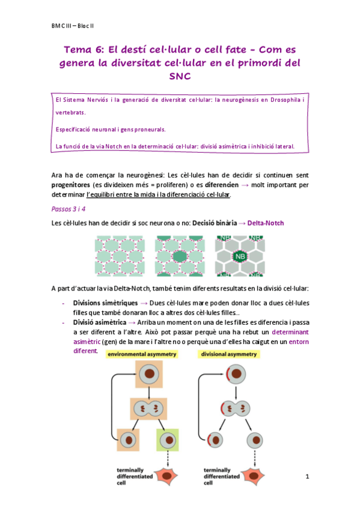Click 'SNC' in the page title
click(x=180, y=76)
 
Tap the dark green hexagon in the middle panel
click(x=180, y=256)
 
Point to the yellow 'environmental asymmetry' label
click(x=142, y=355)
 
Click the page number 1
click(x=307, y=477)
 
